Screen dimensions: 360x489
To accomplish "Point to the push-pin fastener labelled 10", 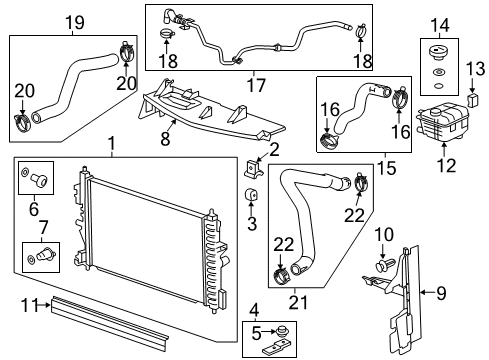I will coord(384,267).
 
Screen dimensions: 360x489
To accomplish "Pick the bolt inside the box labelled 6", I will coord(37,182).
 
